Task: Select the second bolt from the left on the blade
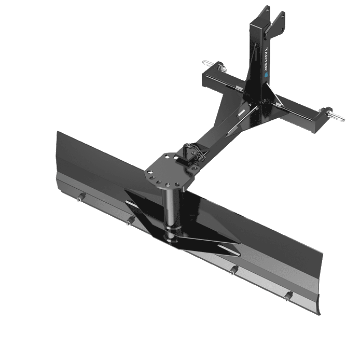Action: tap(128, 222)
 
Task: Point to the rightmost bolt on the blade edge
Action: tap(288, 296)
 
